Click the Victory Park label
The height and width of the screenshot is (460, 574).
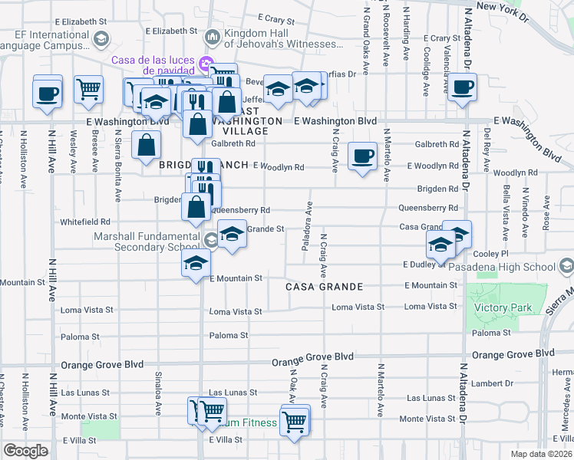(503, 307)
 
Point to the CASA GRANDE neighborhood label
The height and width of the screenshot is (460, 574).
(324, 286)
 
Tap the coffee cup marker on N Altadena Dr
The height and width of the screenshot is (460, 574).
(462, 88)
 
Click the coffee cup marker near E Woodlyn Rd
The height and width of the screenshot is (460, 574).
(361, 156)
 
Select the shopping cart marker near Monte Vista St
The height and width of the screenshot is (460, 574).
(295, 419)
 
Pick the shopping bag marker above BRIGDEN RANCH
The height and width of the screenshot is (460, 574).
(145, 144)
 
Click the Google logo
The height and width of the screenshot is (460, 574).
(25, 451)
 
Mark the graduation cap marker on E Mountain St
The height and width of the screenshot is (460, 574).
(196, 263)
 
